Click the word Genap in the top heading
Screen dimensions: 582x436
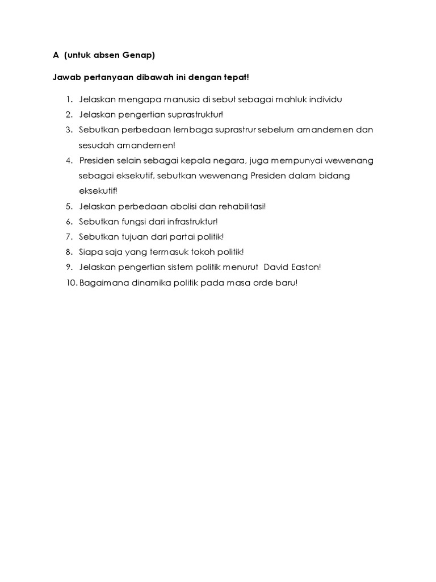pos(139,55)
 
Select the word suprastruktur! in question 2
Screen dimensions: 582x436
pos(193,115)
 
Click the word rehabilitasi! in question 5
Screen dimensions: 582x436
pos(241,206)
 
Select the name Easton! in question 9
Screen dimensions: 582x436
pos(307,267)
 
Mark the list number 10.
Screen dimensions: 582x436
pos(71,282)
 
